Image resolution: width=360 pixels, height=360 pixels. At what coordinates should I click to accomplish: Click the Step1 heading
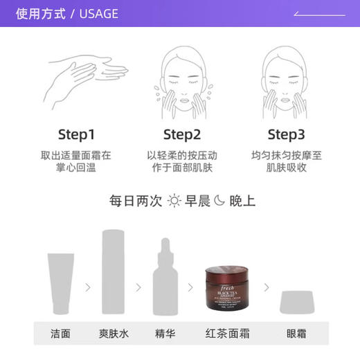76,134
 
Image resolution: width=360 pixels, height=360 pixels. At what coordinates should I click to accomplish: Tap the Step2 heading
181,134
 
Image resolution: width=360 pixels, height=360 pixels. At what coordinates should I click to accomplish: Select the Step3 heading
286,134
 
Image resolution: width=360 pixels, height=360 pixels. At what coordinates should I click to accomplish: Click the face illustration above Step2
181,76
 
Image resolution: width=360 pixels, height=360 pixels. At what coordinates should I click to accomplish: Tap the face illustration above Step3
286,76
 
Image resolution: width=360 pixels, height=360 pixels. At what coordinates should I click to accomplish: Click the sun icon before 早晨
173,201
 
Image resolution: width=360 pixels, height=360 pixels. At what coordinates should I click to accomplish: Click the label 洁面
60,333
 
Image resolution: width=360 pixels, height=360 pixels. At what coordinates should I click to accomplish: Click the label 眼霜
296,333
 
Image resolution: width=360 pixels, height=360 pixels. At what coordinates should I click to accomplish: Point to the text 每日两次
135,201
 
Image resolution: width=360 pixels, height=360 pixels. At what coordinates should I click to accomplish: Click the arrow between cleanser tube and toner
87,287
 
